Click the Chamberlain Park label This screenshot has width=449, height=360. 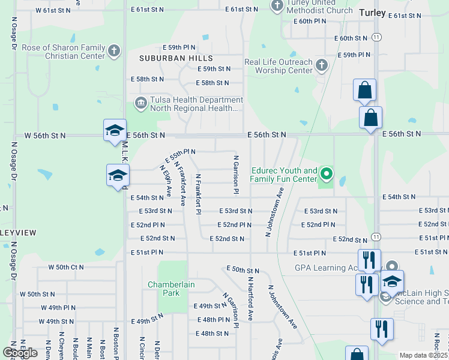(171, 289)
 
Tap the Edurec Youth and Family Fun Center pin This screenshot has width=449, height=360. (327, 175)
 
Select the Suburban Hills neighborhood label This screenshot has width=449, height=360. (176, 58)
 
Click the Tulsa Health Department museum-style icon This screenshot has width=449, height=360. (141, 103)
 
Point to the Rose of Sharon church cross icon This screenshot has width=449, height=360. (115, 52)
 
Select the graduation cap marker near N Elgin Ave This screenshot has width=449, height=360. (118, 176)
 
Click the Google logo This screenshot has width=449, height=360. (20, 353)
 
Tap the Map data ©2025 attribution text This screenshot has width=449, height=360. (424, 355)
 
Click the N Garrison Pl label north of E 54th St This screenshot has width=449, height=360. (237, 174)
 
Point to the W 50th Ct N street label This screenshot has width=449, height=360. (66, 266)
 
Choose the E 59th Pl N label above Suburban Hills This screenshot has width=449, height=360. (179, 47)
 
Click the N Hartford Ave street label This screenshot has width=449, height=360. (250, 299)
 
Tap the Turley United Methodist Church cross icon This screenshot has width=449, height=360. (277, 6)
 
